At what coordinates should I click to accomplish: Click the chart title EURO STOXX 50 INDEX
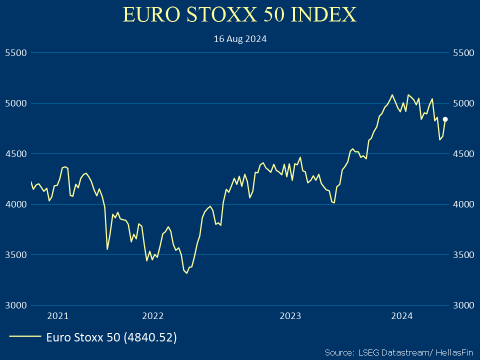coord(239,15)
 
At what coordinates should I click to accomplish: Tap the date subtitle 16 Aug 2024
coord(240,38)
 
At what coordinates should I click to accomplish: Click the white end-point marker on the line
coord(445,119)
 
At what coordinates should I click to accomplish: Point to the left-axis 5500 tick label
coord(15,52)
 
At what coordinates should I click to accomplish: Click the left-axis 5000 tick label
coord(15,103)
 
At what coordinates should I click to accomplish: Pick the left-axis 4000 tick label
coord(15,204)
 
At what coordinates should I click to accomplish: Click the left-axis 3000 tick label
coord(15,305)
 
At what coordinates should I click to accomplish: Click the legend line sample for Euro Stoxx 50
coord(25,337)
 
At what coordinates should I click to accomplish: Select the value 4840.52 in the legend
coord(153,337)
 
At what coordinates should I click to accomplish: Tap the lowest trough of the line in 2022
coord(186,273)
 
